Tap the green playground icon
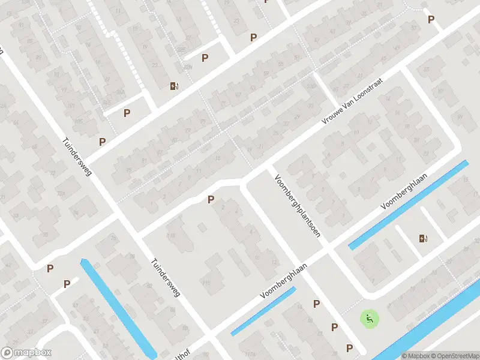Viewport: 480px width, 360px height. coord(370,319)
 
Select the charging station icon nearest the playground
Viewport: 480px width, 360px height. coord(424,238)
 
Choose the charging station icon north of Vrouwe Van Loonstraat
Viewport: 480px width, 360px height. coord(174,86)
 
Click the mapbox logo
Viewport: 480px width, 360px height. coord(26,353)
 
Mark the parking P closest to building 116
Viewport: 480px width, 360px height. coord(211,200)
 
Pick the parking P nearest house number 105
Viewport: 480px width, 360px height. coord(102,142)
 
